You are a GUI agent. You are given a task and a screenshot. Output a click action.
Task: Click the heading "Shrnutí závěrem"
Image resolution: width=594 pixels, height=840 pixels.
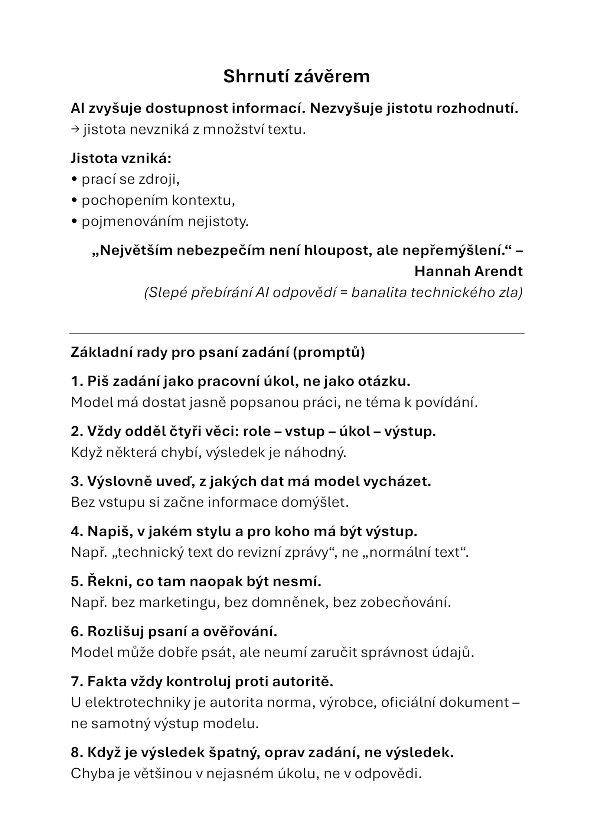click(x=296, y=76)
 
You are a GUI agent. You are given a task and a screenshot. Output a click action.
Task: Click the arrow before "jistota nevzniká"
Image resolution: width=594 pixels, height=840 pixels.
click(x=75, y=130)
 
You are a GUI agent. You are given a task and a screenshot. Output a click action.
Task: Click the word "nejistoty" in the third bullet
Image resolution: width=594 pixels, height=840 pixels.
click(x=218, y=222)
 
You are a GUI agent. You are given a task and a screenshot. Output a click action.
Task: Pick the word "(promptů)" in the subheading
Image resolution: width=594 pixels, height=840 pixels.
click(x=329, y=352)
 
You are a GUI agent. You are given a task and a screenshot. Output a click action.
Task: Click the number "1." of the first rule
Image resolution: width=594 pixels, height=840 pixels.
click(x=77, y=381)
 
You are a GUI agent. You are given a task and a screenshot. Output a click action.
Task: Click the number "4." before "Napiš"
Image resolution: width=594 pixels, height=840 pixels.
click(x=77, y=531)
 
